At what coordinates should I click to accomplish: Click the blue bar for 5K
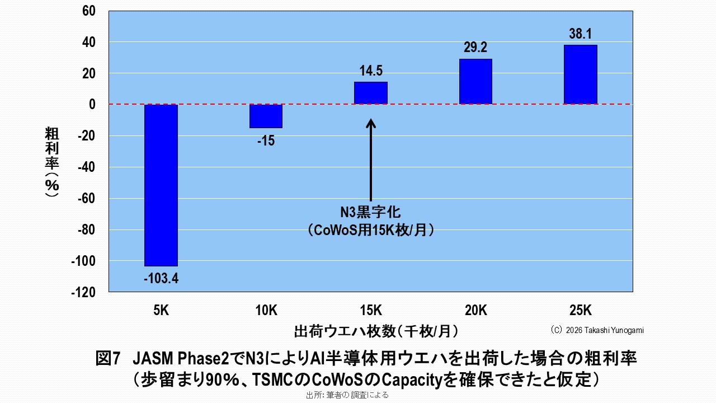click(161, 185)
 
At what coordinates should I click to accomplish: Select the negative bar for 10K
click(266, 116)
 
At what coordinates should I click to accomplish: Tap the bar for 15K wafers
click(370, 93)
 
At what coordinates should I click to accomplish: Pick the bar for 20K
click(475, 81)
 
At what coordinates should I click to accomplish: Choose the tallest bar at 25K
click(580, 74)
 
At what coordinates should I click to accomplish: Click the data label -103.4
click(161, 278)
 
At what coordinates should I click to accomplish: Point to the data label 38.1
click(580, 34)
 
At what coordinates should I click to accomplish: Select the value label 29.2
click(475, 48)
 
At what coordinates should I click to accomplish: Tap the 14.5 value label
click(370, 71)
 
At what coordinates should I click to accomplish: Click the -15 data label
click(266, 141)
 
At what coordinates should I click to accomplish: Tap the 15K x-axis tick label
click(370, 311)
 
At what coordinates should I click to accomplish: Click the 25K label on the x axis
click(580, 311)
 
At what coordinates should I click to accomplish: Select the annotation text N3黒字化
click(371, 213)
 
